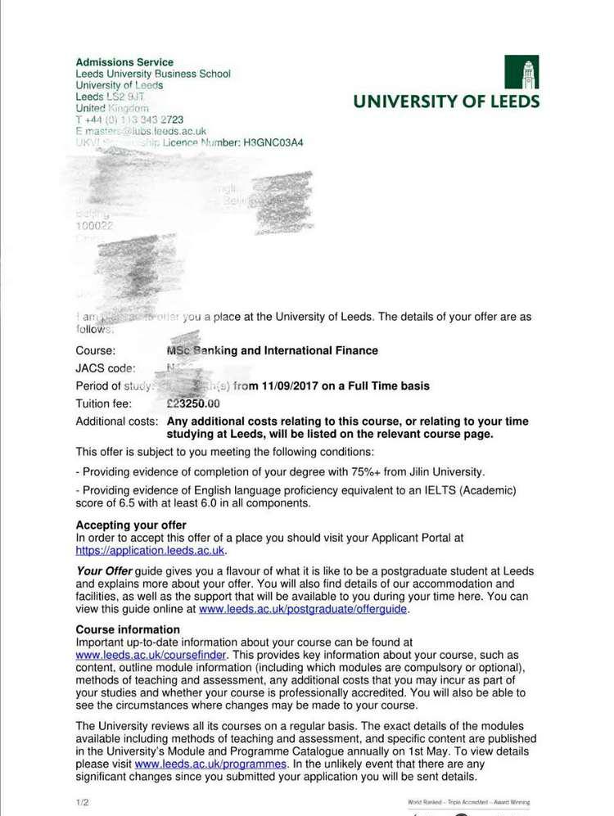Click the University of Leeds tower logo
(521, 71)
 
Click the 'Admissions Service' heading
(124, 62)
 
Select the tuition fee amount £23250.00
(193, 403)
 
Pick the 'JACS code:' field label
(106, 368)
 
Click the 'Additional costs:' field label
(116, 422)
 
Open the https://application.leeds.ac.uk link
(150, 551)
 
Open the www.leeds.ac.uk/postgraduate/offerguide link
(303, 609)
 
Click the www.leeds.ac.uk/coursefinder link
(151, 656)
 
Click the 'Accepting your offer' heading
(131, 525)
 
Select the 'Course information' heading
(128, 630)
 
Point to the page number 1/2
(82, 802)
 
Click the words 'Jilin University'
(445, 471)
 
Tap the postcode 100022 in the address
(94, 226)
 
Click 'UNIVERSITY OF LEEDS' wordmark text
(446, 101)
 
